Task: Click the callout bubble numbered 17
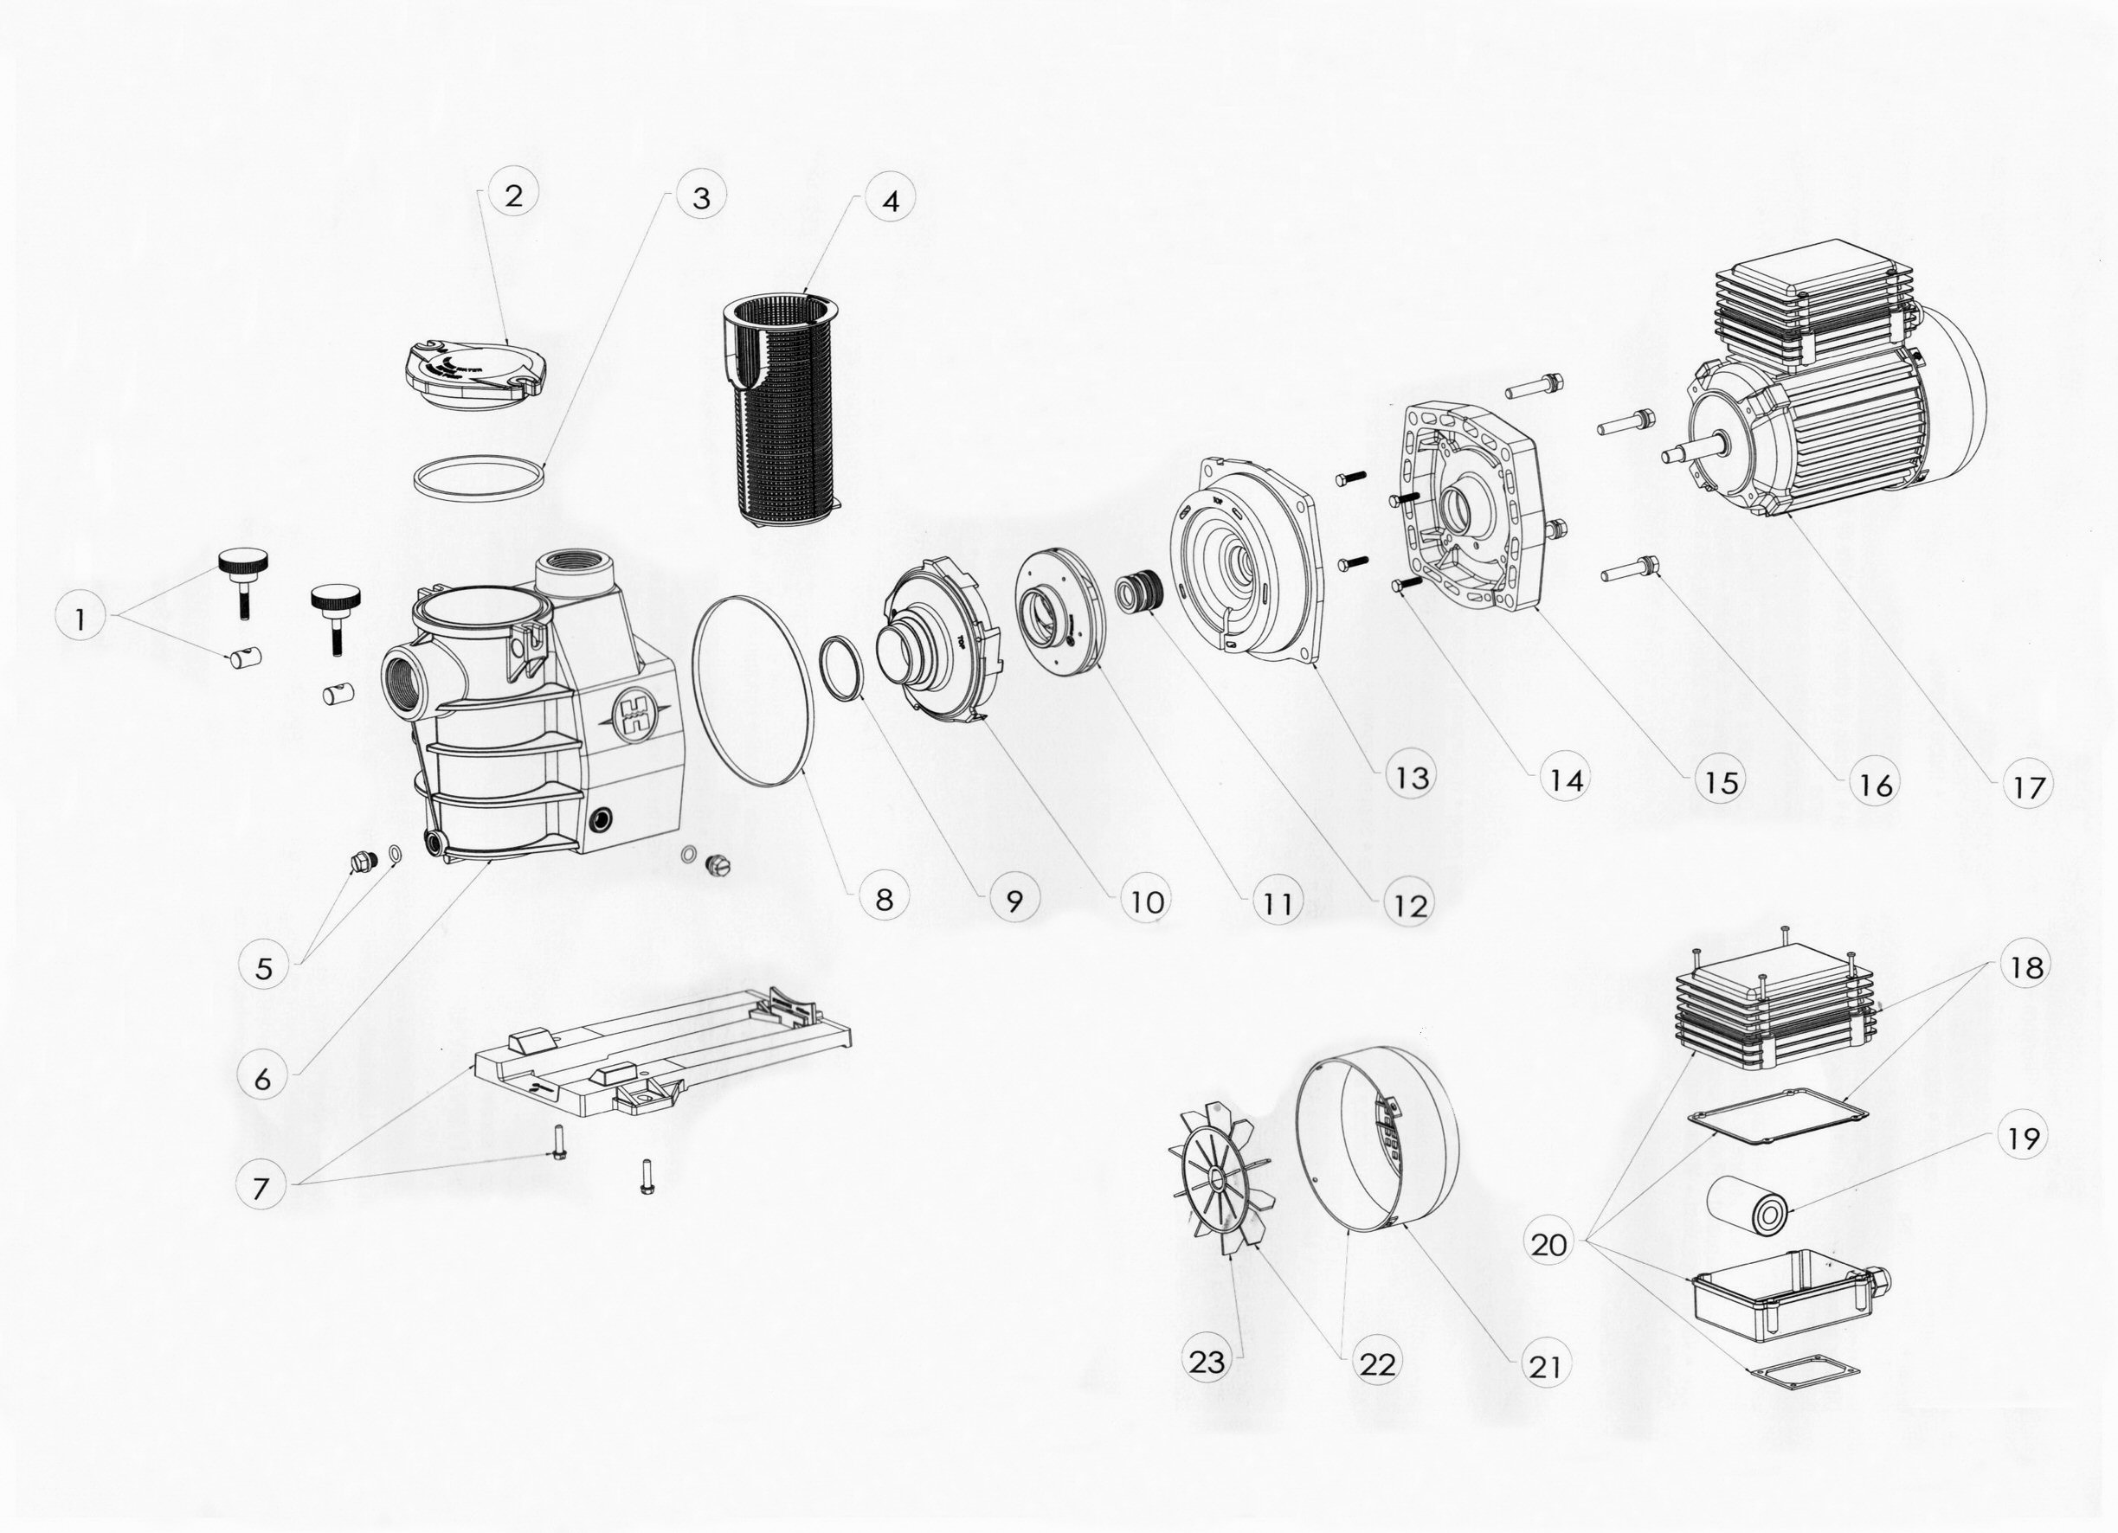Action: (2026, 787)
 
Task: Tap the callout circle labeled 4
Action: (890, 201)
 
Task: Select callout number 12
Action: (1409, 905)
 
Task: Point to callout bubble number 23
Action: (1206, 1363)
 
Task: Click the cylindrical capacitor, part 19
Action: (1748, 1204)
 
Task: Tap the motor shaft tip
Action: (1666, 456)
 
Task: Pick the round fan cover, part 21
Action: (1377, 1139)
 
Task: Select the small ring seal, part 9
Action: (841, 667)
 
